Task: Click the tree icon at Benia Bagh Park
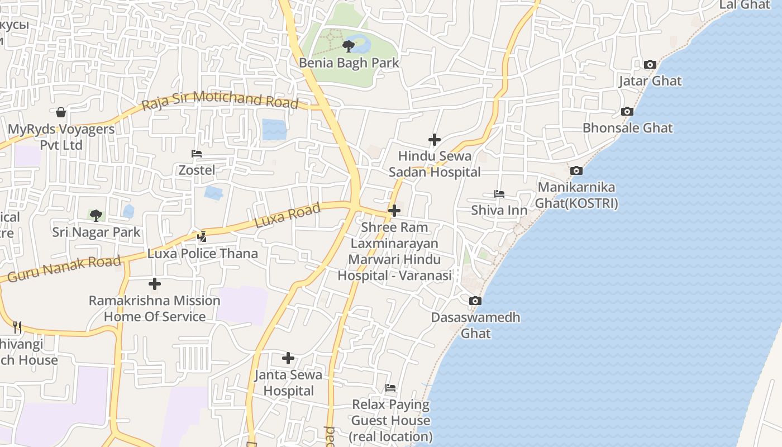(x=349, y=46)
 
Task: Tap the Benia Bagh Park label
(x=349, y=63)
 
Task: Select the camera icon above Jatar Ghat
(x=650, y=65)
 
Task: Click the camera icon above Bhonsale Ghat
(x=627, y=112)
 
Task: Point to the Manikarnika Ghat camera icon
(x=576, y=171)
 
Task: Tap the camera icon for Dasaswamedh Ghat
(x=475, y=301)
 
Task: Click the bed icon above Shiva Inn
(x=499, y=194)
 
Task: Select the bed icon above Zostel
(x=196, y=154)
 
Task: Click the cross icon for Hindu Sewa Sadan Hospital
(x=434, y=140)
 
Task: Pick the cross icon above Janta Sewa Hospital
(x=288, y=358)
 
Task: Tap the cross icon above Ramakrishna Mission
(x=155, y=284)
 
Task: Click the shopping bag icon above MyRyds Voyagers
(x=61, y=113)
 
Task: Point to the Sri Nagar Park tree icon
(x=96, y=215)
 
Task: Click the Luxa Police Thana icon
(x=202, y=237)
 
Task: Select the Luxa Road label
(x=287, y=216)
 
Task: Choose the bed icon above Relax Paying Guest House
(x=390, y=388)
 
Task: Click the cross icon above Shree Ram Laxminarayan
(x=394, y=211)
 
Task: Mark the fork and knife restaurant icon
(x=17, y=327)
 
